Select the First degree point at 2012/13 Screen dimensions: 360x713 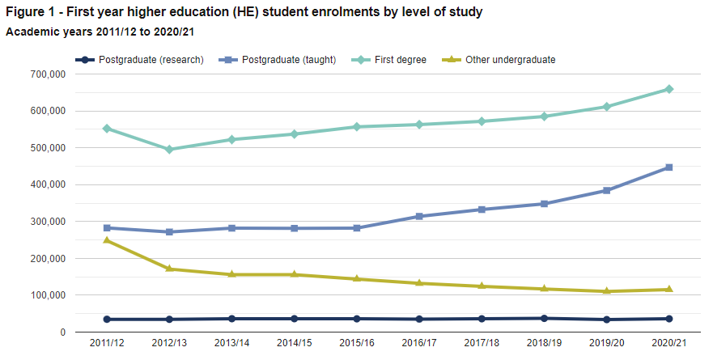click(x=169, y=150)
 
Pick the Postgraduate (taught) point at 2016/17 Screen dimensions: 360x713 click(x=419, y=217)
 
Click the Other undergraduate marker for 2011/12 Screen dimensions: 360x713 click(x=107, y=240)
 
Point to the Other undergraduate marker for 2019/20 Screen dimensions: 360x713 click(x=607, y=291)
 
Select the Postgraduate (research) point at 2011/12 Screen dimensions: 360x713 click(x=107, y=320)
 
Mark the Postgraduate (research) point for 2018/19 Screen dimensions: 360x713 click(x=545, y=318)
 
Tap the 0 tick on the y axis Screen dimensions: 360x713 click(x=62, y=332)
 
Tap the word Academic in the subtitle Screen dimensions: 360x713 click(x=32, y=32)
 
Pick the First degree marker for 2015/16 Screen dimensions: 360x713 click(x=357, y=127)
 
